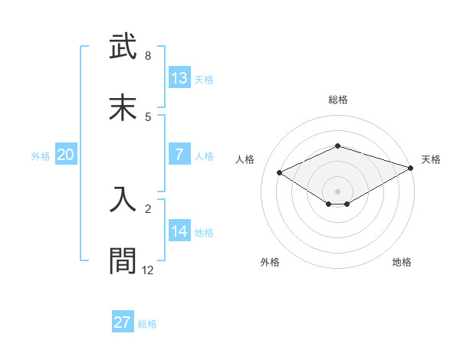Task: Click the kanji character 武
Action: [123, 47]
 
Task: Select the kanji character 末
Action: [123, 107]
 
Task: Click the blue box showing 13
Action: [179, 78]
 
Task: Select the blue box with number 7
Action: [179, 155]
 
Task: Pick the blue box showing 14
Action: [179, 231]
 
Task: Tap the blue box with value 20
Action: [66, 155]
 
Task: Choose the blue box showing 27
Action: [123, 322]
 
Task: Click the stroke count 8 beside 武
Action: [148, 56]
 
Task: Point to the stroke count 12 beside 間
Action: [148, 270]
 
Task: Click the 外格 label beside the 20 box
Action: [41, 155]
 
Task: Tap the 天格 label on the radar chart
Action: [431, 159]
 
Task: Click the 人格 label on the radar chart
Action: [245, 159]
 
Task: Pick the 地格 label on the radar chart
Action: [402, 262]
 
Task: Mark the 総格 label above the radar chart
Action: [337, 100]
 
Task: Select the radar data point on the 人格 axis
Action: [280, 173]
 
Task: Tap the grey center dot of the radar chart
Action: [337, 191]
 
